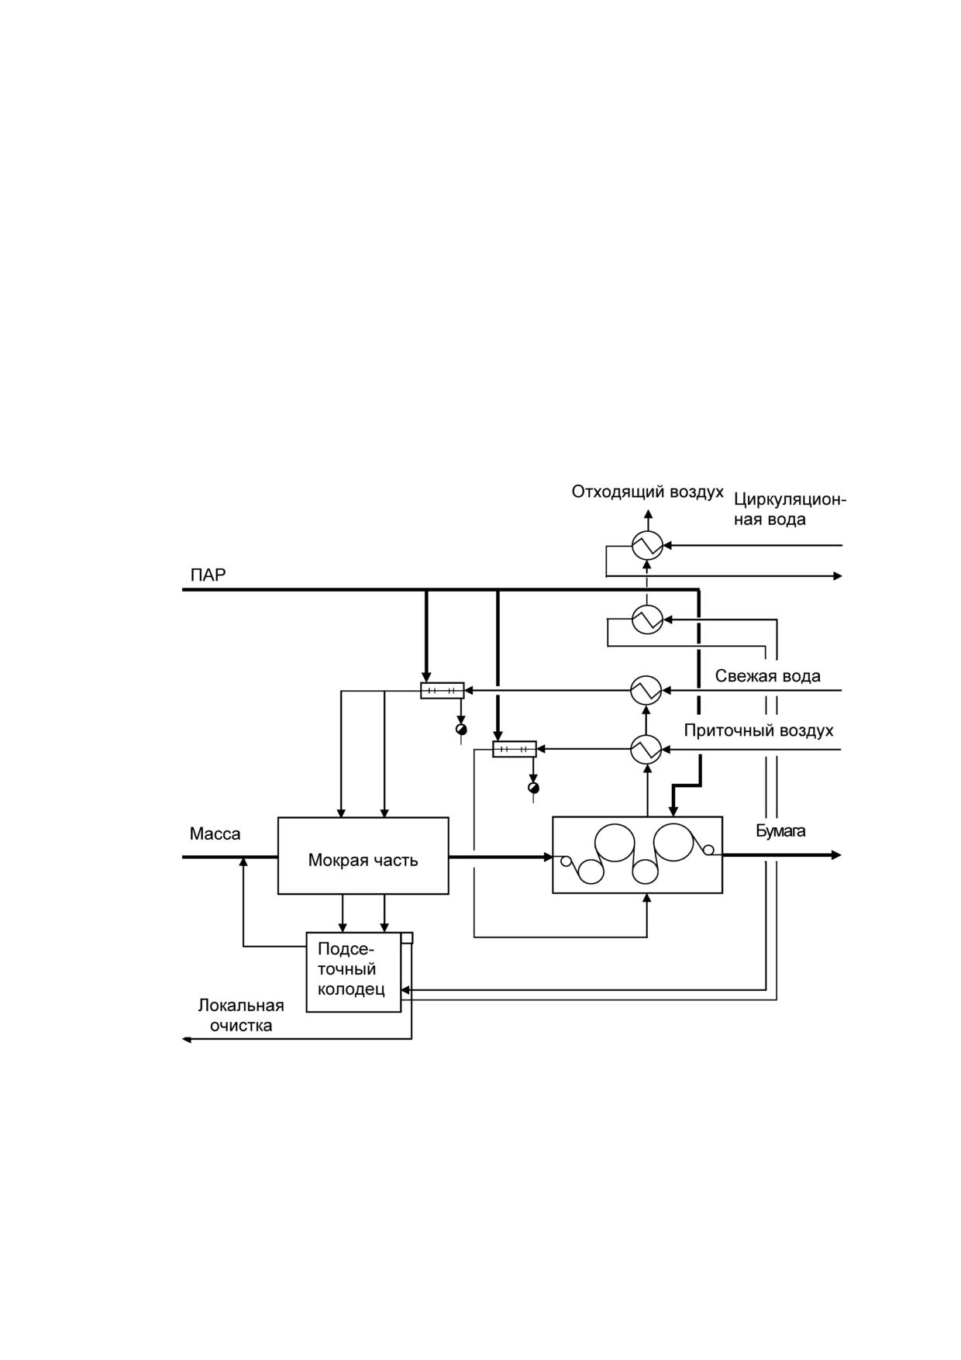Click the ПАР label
point(208,575)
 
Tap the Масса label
point(215,834)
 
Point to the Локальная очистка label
point(241,1016)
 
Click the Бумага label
point(780,831)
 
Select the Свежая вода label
point(767,676)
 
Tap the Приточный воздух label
point(759,730)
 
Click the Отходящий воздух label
point(648,492)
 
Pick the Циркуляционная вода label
point(790,509)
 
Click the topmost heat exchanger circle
point(647,546)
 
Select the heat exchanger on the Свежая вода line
point(646,690)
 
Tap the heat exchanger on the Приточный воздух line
point(646,749)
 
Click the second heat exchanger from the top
point(647,620)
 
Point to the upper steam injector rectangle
point(443,690)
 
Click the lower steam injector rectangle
point(515,749)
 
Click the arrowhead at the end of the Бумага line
point(837,855)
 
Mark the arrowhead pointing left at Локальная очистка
point(186,1039)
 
